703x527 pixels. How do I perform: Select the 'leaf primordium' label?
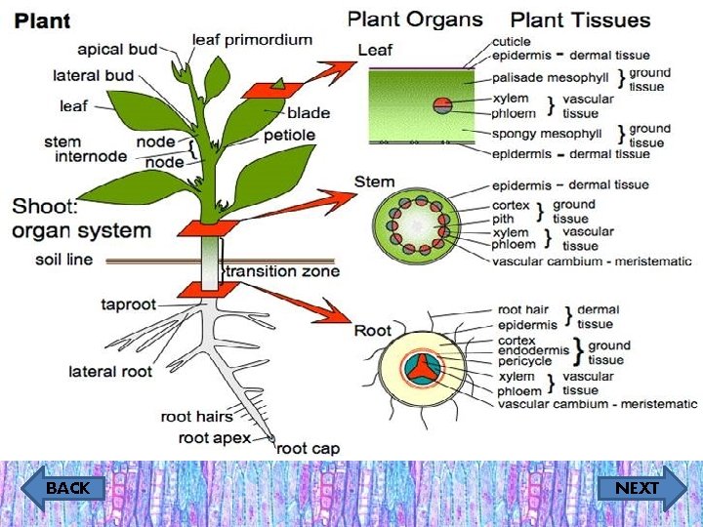[x=252, y=40]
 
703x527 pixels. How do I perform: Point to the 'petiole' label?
[x=289, y=135]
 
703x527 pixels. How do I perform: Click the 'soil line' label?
[x=64, y=261]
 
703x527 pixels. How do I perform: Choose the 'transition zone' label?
[x=283, y=271]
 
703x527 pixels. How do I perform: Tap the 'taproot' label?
[x=128, y=305]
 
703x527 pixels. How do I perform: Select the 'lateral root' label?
[x=110, y=371]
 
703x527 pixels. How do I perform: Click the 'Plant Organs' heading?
[x=415, y=19]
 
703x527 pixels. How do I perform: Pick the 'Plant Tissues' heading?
[x=580, y=20]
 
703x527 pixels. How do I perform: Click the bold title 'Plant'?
[x=42, y=20]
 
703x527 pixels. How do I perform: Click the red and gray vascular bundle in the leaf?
[x=442, y=104]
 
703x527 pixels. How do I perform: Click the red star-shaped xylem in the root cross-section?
[x=421, y=366]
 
